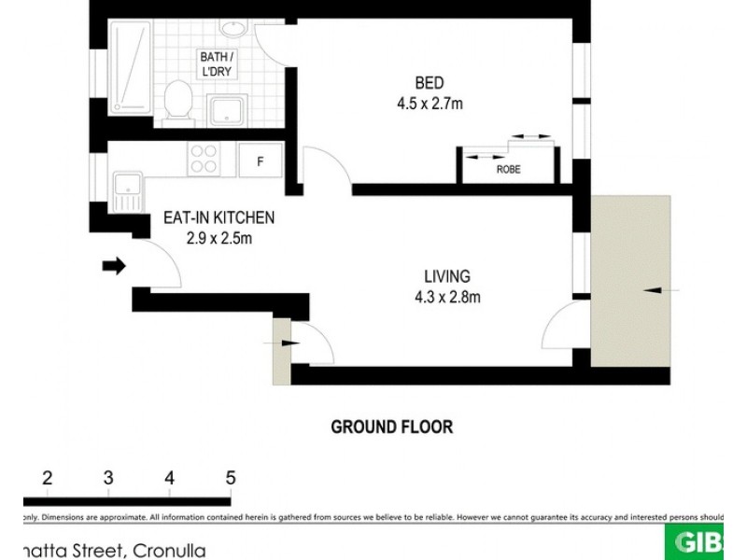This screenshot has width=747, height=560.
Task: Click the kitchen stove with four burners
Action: (x=204, y=159)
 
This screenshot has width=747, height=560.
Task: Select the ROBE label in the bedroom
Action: (x=508, y=170)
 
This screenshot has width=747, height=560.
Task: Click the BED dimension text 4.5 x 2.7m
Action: (x=430, y=104)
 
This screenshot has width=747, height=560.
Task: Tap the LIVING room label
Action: (x=446, y=276)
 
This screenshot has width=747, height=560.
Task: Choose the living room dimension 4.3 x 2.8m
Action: (x=446, y=298)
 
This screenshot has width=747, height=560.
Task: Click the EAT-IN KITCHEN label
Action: (x=219, y=217)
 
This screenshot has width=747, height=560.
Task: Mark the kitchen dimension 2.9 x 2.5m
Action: (x=219, y=238)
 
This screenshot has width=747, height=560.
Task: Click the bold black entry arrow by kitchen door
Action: (x=113, y=267)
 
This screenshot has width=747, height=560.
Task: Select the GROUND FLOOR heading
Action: (x=392, y=427)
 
